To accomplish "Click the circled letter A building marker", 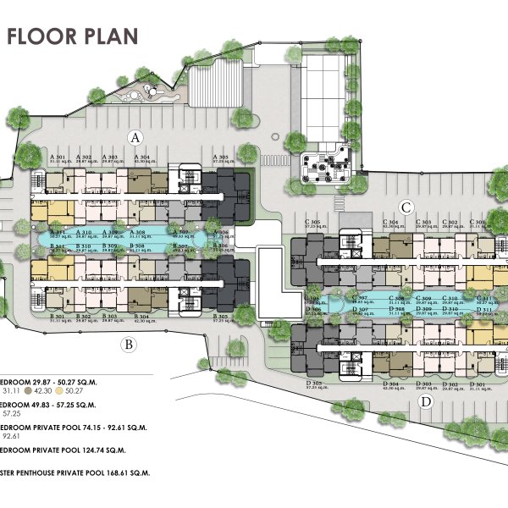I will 134,136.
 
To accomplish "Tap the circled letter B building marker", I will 128,344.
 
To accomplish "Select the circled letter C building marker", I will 406,206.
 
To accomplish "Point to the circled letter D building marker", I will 426,401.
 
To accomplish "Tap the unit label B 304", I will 138,316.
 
